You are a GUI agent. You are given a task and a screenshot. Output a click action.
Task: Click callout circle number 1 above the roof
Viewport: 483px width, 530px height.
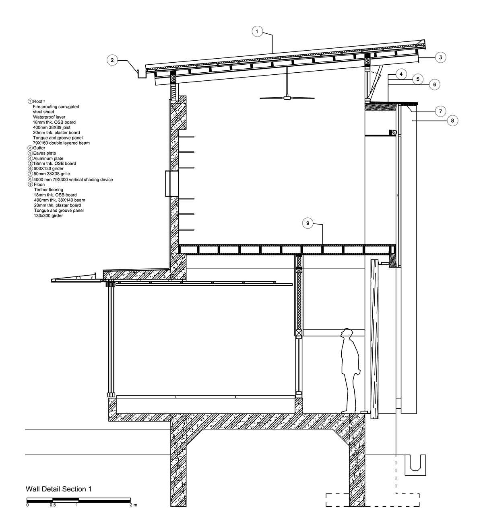click(x=257, y=31)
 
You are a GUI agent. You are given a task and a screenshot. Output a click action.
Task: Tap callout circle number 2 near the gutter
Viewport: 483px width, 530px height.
click(x=112, y=60)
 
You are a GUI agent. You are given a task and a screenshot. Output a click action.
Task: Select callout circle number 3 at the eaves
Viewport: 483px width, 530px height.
click(x=440, y=57)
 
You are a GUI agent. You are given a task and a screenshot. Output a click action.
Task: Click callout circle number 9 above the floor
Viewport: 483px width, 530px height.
click(x=308, y=223)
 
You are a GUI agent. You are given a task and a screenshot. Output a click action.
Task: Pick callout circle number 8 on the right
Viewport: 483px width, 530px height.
click(x=452, y=121)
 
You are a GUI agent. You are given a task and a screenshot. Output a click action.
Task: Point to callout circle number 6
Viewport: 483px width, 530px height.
click(x=434, y=84)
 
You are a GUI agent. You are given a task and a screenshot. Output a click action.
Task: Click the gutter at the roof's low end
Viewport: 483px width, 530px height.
click(x=142, y=74)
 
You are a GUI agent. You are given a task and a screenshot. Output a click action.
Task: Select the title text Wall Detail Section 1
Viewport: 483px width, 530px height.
click(x=58, y=489)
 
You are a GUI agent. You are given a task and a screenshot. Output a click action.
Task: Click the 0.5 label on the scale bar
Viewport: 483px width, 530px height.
click(x=53, y=505)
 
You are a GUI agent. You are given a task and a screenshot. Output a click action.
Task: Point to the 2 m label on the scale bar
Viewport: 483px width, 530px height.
click(x=133, y=505)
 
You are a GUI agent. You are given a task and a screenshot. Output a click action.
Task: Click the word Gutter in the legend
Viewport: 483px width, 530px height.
click(x=39, y=148)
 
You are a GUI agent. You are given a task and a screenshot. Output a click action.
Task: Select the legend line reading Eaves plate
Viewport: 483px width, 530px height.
click(x=44, y=153)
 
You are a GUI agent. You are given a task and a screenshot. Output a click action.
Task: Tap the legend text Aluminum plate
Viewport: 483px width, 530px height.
click(x=48, y=159)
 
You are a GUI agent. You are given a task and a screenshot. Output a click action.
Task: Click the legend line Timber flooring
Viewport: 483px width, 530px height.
click(x=48, y=190)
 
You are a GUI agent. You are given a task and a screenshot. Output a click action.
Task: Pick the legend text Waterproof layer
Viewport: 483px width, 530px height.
click(x=49, y=117)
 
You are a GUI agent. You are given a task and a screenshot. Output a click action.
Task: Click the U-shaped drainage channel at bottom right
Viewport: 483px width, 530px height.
click(x=415, y=465)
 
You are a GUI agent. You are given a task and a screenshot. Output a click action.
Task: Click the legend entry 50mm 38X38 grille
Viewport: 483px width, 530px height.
click(x=52, y=174)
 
